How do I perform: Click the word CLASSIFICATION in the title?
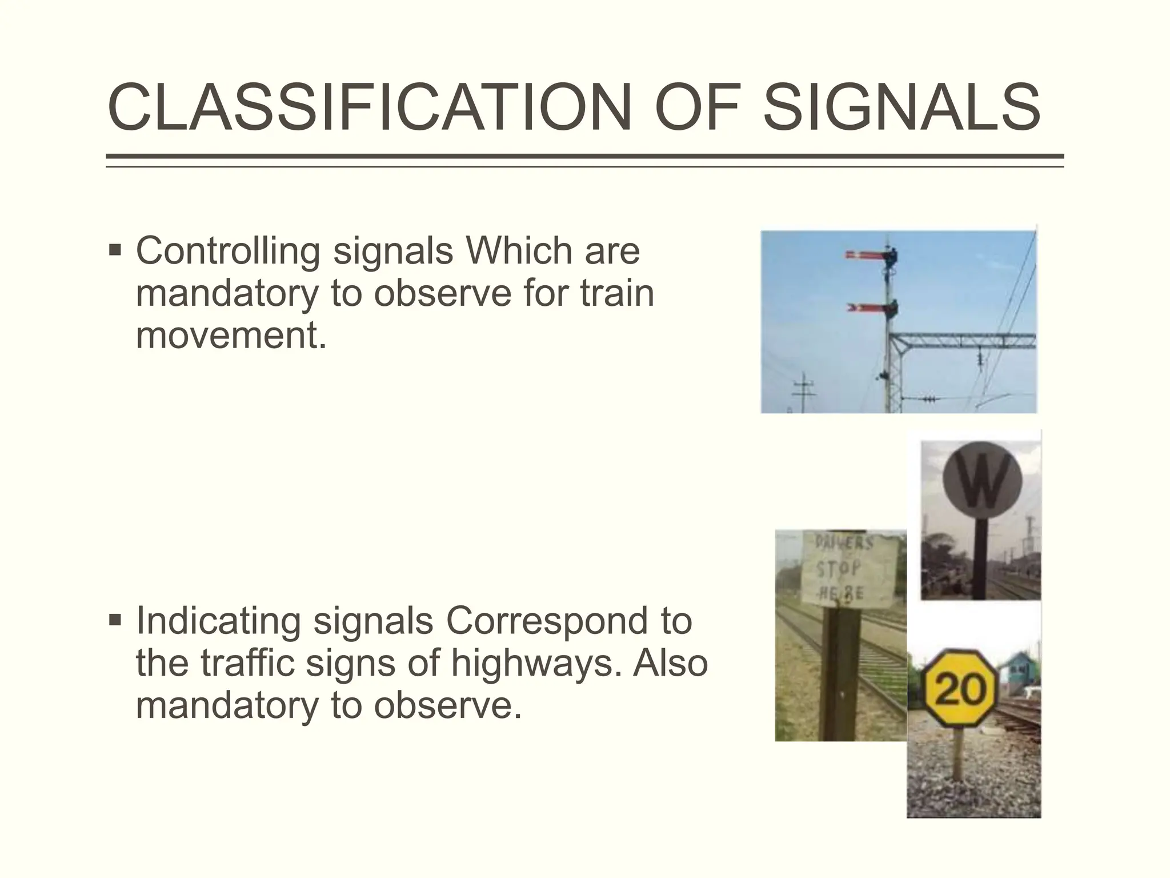coord(369,108)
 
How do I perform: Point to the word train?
coord(617,293)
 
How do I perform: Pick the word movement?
coord(231,335)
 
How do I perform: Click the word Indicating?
coord(218,621)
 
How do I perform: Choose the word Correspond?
coord(569,621)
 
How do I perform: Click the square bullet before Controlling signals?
coord(115,250)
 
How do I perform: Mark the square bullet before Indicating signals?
coord(115,620)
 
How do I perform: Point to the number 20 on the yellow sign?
coord(960,689)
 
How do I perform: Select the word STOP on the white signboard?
coord(839,569)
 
